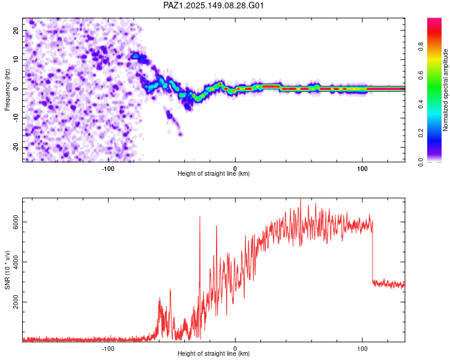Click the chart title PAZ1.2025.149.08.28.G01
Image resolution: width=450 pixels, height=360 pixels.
[213, 5]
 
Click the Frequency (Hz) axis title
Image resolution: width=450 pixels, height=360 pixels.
[7, 90]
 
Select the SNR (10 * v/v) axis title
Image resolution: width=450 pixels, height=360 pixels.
[7, 270]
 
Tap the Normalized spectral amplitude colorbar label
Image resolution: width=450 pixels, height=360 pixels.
[445, 90]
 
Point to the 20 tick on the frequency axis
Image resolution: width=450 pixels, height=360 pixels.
[16, 31]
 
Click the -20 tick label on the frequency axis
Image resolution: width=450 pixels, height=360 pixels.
[16, 148]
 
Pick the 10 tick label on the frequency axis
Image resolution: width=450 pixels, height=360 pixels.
[16, 59]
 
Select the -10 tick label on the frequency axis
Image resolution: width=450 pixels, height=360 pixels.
[16, 118]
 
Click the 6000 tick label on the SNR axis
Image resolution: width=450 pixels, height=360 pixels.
[16, 222]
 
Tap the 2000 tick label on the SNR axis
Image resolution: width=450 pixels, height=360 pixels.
[16, 302]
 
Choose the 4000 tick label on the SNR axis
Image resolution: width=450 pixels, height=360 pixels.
[16, 262]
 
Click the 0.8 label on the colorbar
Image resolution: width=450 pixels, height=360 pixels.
[421, 46]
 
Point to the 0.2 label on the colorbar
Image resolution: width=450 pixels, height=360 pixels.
[421, 133]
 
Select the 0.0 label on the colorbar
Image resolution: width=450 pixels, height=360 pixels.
[421, 162]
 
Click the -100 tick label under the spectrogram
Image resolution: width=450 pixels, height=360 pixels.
[108, 169]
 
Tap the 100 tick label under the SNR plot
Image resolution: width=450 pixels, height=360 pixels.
[362, 349]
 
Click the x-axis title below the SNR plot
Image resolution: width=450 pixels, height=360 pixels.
[214, 353]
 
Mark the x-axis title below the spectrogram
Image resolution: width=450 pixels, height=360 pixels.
[214, 173]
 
